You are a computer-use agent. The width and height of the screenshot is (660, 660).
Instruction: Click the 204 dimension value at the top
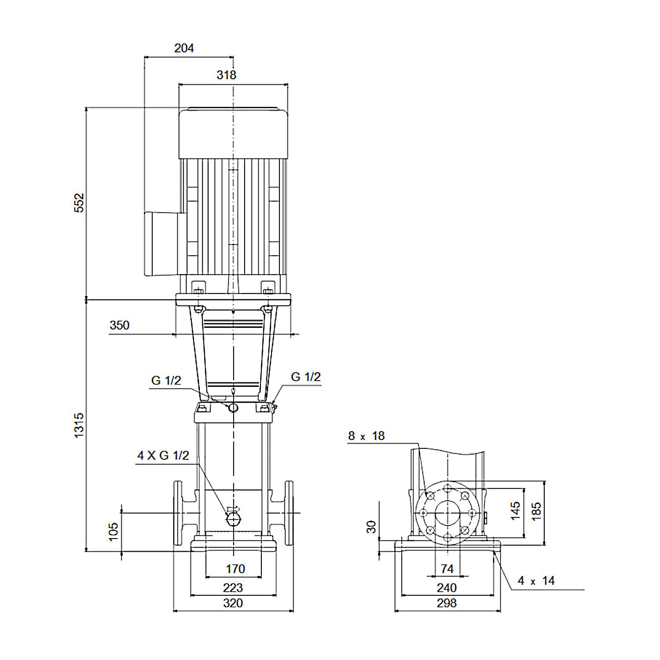click(x=184, y=48)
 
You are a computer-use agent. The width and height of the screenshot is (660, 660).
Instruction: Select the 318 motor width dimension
click(x=226, y=75)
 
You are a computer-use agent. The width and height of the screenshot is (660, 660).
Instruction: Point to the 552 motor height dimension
click(x=79, y=202)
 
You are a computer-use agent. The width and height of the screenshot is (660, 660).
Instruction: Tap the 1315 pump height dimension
click(x=79, y=425)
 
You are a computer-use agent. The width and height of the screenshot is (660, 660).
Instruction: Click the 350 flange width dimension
click(x=119, y=325)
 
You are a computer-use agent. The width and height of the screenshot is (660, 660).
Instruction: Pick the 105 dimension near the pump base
click(x=114, y=532)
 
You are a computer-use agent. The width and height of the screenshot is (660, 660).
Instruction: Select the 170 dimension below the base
click(x=235, y=569)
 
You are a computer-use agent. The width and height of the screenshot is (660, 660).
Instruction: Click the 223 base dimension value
click(x=233, y=587)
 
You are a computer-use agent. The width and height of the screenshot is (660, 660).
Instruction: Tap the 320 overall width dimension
click(x=233, y=603)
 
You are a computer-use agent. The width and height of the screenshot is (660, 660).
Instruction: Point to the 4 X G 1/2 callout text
click(x=163, y=455)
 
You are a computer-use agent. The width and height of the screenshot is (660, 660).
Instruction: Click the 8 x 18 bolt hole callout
click(x=366, y=436)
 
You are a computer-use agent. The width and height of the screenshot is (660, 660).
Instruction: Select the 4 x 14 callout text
click(x=536, y=581)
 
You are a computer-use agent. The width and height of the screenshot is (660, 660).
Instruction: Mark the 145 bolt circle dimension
click(x=515, y=511)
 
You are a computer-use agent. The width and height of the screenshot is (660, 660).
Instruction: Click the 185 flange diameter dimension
click(x=536, y=511)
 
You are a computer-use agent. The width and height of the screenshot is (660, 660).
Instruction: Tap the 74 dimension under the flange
click(x=447, y=569)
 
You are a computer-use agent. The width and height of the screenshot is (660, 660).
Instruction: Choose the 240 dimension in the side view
click(x=447, y=587)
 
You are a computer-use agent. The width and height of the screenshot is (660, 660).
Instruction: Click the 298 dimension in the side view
click(x=447, y=603)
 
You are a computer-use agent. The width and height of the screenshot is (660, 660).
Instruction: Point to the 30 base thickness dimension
click(x=372, y=527)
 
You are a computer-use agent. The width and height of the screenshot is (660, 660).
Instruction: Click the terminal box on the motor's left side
click(x=161, y=244)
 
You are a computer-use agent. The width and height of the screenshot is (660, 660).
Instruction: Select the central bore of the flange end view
click(x=447, y=513)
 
